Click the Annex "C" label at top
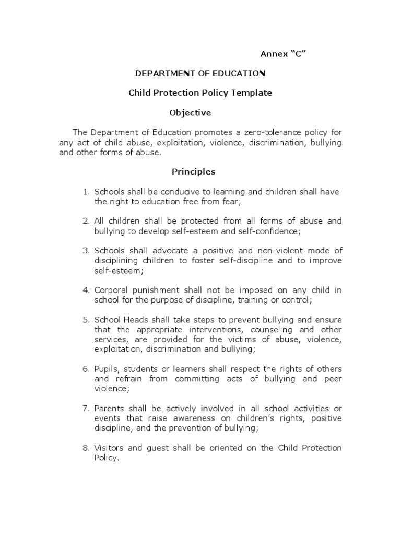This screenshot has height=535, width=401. coord(282,54)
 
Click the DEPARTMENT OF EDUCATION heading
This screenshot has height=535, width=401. coord(200,73)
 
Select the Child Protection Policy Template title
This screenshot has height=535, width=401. coord(200,93)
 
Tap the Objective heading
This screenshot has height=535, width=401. coord(190,112)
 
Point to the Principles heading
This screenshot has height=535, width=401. coord(193,171)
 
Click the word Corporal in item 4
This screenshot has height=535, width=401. coord(110,290)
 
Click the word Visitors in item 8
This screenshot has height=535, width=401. coord(110,448)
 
